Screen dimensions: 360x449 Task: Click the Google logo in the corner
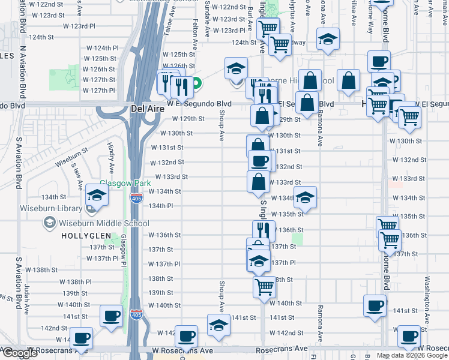pyautogui.click(x=20, y=353)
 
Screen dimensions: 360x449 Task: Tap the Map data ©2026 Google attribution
pyautogui.click(x=411, y=355)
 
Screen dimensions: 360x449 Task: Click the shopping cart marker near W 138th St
pyautogui.click(x=264, y=286)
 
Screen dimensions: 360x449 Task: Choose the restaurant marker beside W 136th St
pyautogui.click(x=263, y=230)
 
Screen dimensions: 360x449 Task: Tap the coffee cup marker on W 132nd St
pyautogui.click(x=260, y=160)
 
